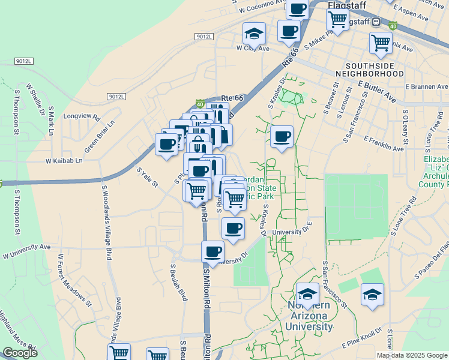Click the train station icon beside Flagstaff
click(376, 22)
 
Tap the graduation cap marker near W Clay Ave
click(254, 34)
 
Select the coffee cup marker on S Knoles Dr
click(282, 136)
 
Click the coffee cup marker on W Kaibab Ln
click(166, 144)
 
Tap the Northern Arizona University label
click(309, 316)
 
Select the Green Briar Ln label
click(98, 137)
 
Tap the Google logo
click(20, 353)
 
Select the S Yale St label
click(147, 178)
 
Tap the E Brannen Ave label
click(427, 87)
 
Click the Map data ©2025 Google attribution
click(412, 355)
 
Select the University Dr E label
click(293, 230)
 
